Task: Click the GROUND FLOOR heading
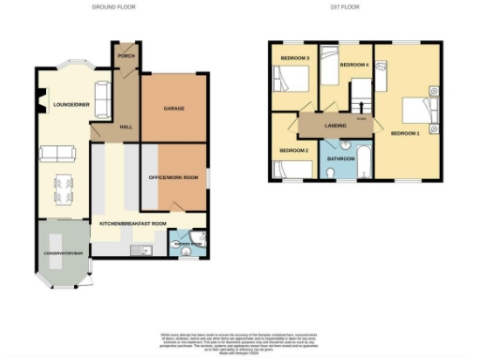click(114, 7)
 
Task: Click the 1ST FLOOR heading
click(345, 7)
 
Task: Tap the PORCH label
click(126, 57)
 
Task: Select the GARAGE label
click(173, 109)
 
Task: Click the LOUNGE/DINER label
click(70, 105)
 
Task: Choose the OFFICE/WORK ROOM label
click(173, 177)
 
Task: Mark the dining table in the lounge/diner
click(61, 188)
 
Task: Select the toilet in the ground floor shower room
click(185, 251)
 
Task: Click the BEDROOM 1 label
click(405, 133)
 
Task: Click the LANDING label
click(336, 122)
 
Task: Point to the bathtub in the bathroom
click(367, 157)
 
